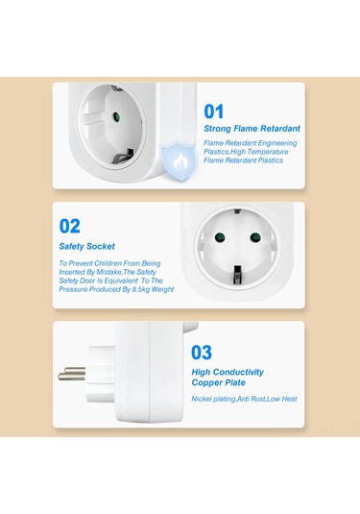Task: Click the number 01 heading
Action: coord(213,111)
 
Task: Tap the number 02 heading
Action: coord(70,226)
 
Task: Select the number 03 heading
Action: coord(202,353)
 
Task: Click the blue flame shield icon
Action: coord(179,161)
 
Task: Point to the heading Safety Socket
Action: coord(86,246)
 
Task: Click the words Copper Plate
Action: coord(219,382)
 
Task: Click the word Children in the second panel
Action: coord(108,263)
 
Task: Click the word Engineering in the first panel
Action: coord(277,143)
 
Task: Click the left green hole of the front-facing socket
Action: coord(220,236)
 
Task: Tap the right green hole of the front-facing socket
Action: coord(255,237)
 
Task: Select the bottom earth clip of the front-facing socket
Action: coord(236,275)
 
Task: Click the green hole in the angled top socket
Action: coord(115,116)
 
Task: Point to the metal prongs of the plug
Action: coord(72,374)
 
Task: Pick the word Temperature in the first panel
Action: coord(269,152)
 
